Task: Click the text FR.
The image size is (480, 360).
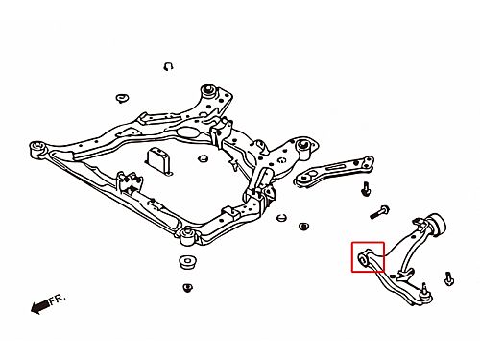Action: point(58,299)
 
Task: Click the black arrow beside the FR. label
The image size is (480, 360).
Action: point(40,306)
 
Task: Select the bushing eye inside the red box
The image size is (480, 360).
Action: point(363,258)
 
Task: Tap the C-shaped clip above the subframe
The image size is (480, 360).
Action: point(168,66)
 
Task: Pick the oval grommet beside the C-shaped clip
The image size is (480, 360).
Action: point(122,98)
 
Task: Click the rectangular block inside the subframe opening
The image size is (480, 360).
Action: point(159,160)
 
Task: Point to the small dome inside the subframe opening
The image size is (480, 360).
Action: point(202,158)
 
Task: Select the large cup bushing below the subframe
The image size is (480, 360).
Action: point(187,263)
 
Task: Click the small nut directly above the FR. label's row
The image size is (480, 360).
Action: point(188,287)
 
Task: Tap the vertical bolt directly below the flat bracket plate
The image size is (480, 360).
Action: point(366,188)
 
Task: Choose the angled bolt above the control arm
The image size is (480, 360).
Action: point(379,212)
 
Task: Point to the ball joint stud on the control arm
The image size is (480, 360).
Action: point(424,291)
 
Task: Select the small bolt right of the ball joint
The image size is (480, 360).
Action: point(449,278)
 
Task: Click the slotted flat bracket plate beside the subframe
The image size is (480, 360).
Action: point(333,171)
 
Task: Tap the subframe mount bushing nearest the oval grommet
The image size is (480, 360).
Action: point(208,90)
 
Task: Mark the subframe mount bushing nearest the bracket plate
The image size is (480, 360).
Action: point(303,146)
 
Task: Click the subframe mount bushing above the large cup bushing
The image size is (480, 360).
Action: point(186,236)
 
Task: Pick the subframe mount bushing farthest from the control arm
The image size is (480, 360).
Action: point(37,149)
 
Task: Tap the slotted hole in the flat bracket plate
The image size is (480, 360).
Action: point(336,167)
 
